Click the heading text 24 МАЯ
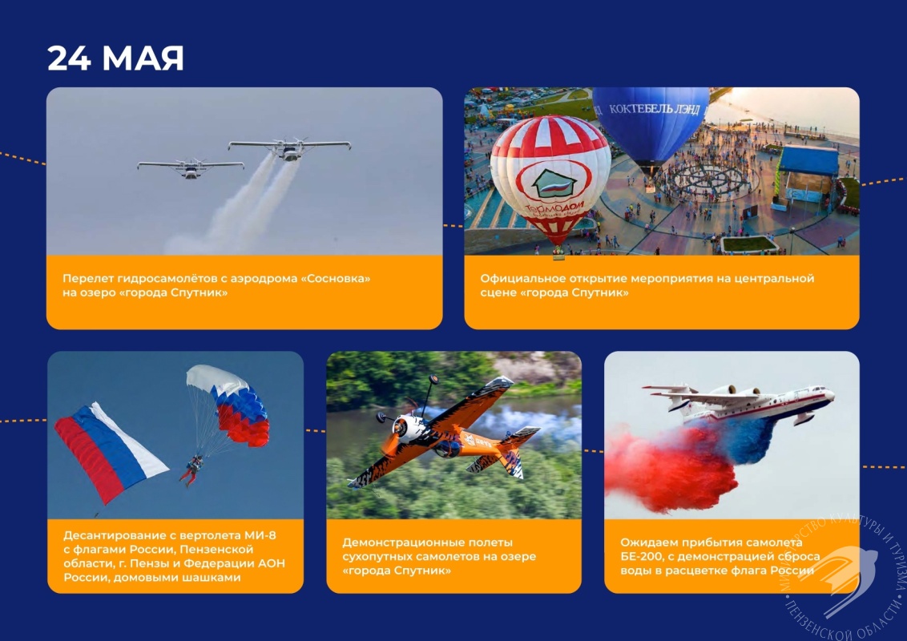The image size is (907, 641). coord(115,58)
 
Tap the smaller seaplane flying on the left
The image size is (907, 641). coord(191,167)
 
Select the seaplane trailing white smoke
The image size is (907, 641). coord(289,148)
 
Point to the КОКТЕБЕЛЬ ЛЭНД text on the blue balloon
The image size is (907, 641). coord(655,109)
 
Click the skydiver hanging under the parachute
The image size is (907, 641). coord(192,470)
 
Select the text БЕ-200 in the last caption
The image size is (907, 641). coord(640,557)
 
